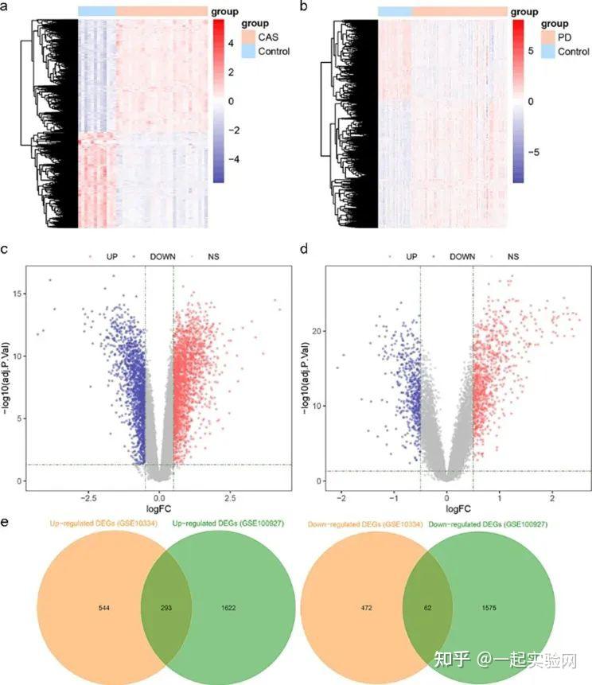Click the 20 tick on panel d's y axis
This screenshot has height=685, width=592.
click(x=317, y=330)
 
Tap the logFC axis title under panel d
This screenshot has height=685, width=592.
click(x=446, y=508)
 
